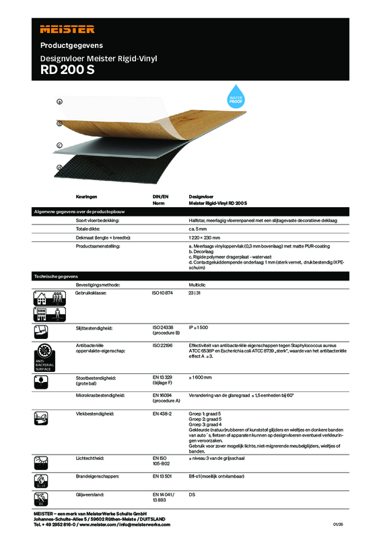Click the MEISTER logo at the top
point(67,29)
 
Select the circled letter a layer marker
point(59,102)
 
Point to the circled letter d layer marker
point(59,167)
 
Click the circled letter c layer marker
point(59,145)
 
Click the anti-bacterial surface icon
point(44,357)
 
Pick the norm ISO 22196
point(162,345)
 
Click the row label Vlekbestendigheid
point(94,412)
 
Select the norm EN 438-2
point(162,412)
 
